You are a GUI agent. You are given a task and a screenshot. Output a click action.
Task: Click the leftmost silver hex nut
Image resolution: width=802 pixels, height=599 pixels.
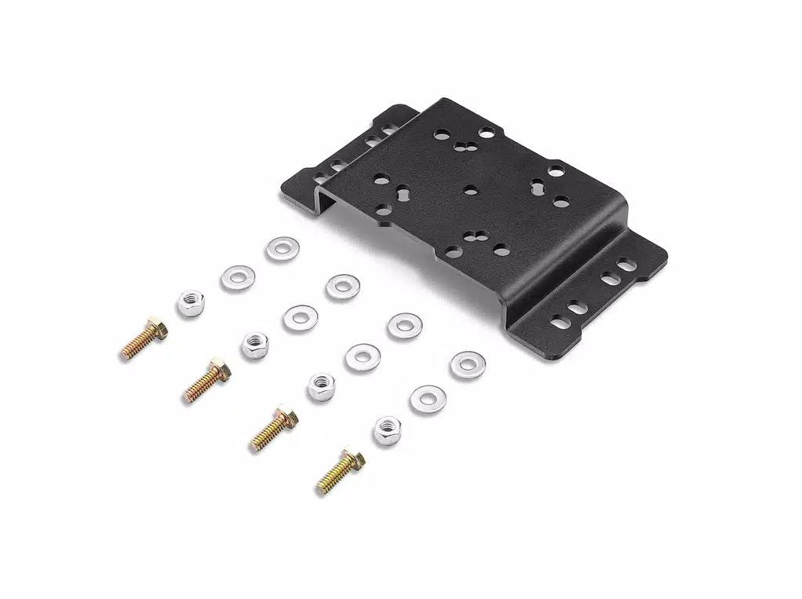point(191,303)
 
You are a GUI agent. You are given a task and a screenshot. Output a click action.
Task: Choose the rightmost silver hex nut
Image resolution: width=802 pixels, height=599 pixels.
point(387,430)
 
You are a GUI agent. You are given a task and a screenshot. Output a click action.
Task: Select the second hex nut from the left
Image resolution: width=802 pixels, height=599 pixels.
point(256,345)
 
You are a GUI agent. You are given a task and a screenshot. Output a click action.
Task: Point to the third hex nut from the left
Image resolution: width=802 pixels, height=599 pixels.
point(321,387)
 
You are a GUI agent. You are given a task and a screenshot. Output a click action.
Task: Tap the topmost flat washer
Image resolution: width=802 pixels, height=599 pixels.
point(282,250)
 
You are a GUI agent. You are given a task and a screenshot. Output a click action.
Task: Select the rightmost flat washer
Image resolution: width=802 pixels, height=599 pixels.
point(467,364)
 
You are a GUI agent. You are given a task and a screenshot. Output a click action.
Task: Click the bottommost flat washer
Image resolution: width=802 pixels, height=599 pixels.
point(428,400)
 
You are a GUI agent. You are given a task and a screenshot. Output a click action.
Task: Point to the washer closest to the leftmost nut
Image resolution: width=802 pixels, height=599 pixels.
point(237,277)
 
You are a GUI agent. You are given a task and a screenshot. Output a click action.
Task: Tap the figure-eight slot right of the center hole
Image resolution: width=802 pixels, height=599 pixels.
point(538,186)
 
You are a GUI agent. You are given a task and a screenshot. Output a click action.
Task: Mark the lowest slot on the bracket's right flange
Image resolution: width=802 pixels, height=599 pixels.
point(560,322)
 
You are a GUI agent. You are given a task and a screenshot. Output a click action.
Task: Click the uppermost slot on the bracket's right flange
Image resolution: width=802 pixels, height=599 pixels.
point(628,265)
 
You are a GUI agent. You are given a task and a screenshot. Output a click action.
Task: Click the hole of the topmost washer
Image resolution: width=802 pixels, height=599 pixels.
point(282,250)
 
